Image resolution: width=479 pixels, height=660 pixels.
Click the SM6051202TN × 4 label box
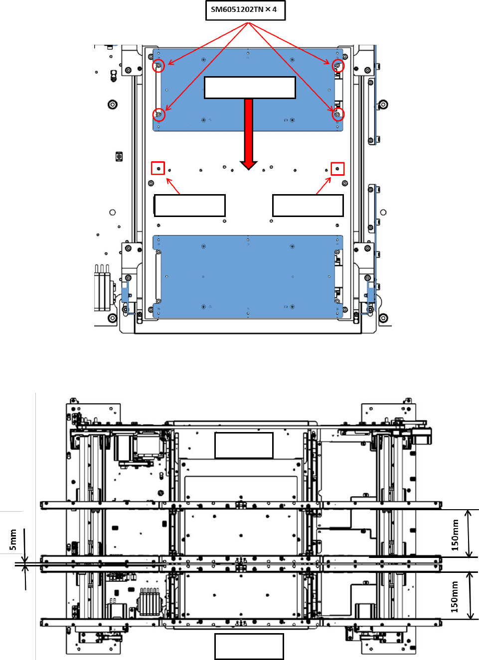tap(245, 10)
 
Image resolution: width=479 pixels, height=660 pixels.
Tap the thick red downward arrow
tap(249, 134)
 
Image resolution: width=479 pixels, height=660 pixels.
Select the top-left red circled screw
tap(159, 65)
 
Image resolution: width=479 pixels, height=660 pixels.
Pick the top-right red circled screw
tap(338, 65)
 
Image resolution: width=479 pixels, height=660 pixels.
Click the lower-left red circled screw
tap(159, 114)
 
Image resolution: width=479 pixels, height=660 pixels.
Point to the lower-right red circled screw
tap(338, 114)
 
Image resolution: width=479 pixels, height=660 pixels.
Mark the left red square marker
tap(158, 168)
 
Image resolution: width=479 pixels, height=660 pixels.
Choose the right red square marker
tap(337, 169)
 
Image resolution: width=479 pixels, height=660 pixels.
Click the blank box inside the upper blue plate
tap(250, 88)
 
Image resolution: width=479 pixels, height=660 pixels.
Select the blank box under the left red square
tap(189, 206)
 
